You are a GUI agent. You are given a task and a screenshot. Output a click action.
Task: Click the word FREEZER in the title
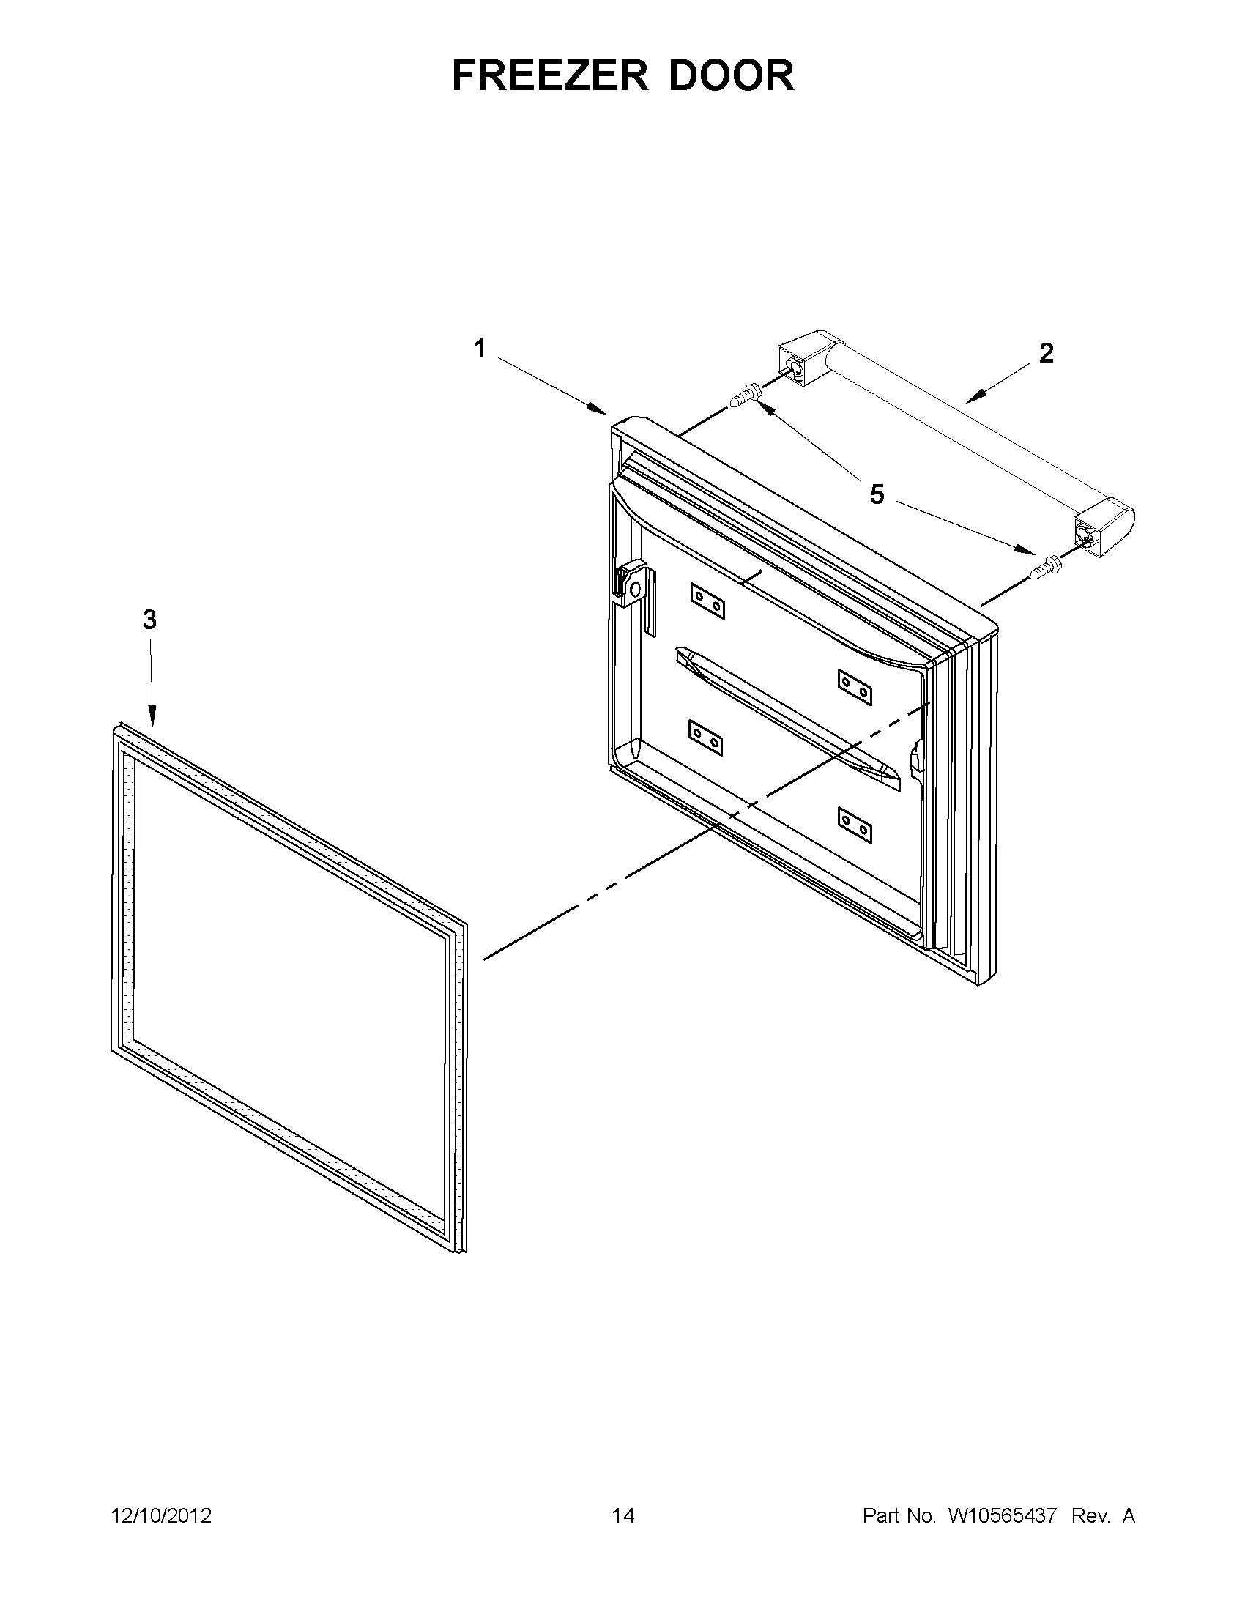[551, 75]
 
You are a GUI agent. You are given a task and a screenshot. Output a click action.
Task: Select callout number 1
[480, 349]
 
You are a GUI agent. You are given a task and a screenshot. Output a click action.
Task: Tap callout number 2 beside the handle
[1046, 354]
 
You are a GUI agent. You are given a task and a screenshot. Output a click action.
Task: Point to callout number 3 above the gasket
[150, 620]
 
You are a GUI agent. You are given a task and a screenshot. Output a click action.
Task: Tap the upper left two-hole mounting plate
[707, 601]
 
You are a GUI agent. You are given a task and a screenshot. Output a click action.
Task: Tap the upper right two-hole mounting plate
[855, 686]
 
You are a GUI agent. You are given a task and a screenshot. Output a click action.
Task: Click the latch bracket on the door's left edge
[633, 584]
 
